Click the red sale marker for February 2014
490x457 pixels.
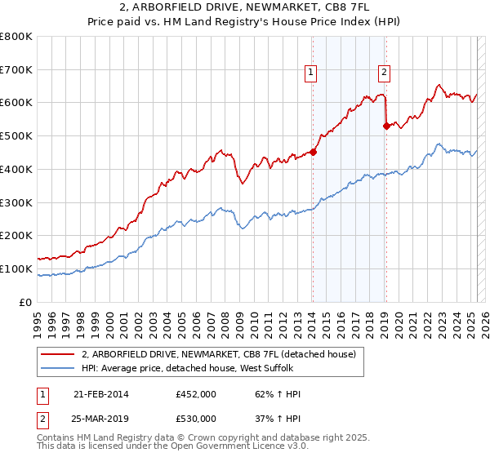click(x=314, y=151)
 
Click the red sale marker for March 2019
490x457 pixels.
click(x=386, y=126)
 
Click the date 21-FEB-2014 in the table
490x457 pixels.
click(x=101, y=394)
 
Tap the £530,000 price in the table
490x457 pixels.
click(x=196, y=419)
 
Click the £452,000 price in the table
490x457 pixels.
click(x=196, y=394)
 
